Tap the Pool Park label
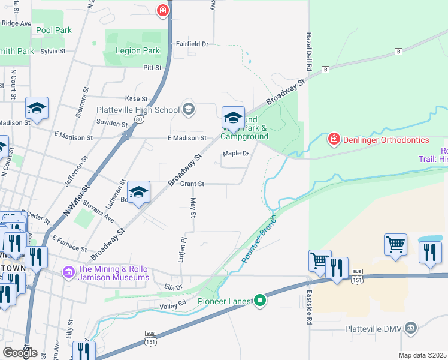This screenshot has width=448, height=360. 53,30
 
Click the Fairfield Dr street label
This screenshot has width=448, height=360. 192,44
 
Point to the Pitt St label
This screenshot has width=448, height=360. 152,68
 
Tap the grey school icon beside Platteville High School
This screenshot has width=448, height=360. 189,109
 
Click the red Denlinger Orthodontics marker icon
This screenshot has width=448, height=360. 334,140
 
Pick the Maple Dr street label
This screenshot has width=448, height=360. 235,154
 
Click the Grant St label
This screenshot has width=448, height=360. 192,184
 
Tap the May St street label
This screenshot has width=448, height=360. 193,207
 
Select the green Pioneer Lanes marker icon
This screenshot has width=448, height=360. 259,300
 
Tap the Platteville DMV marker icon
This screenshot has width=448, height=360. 410,328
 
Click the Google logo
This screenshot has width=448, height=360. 20,353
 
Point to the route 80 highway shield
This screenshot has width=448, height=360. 139,120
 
